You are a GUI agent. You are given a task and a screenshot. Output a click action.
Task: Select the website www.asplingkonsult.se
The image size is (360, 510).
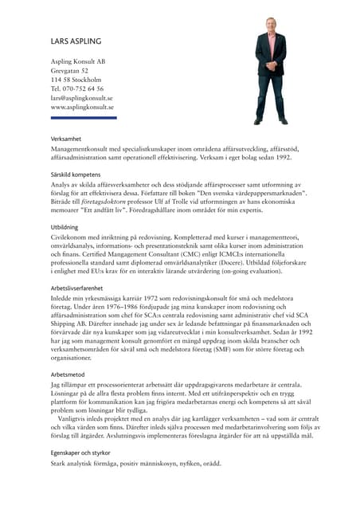coord(82,107)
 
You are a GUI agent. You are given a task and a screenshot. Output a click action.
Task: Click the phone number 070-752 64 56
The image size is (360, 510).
coord(83,89)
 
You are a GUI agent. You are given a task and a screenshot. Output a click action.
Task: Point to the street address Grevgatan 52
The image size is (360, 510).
coord(69,71)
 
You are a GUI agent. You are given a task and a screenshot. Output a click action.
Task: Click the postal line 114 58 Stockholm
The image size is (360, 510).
coord(76,80)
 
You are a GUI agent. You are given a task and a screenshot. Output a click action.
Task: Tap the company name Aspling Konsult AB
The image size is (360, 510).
coord(78,61)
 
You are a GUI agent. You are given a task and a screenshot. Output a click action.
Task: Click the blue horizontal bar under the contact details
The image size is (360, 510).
coord(84,118)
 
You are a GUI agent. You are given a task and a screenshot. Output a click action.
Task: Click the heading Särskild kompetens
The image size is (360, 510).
coord(76,174)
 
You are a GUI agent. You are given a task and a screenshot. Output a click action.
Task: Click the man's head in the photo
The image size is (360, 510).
coord(270,25)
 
